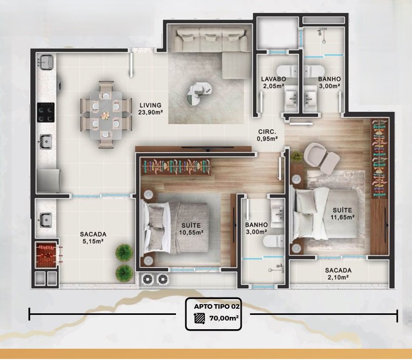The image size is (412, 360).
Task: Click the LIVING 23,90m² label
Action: (150, 109)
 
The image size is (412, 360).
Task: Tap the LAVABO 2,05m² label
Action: (273, 82)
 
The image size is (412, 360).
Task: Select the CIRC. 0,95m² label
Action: (267, 135)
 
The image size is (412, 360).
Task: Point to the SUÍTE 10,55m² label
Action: (191, 229)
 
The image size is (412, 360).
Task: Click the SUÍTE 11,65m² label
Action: (342, 213)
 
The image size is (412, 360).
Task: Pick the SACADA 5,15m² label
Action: (93, 237)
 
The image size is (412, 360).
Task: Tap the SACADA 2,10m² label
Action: (338, 274)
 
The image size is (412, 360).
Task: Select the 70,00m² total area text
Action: (224, 318)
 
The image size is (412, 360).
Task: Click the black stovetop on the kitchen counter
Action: (46, 112)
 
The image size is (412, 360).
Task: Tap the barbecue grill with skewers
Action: (46, 254)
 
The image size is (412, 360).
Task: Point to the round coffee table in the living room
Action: (200, 91)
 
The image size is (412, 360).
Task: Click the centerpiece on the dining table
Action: (106, 115)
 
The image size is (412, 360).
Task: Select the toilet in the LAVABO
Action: (287, 71)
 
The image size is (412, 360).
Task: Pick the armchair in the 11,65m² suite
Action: (322, 158)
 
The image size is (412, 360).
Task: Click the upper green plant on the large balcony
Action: (124, 252)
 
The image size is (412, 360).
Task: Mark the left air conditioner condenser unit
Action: (147, 279)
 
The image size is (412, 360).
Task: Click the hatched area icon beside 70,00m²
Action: (200, 318)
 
